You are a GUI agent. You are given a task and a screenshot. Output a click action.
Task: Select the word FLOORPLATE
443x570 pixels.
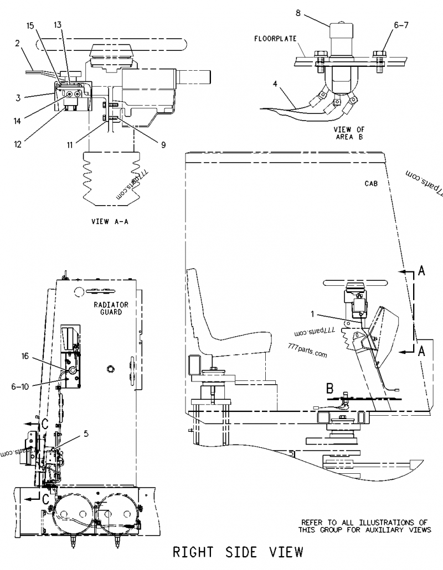click(276, 39)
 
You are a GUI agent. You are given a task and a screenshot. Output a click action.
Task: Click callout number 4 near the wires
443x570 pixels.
click(275, 84)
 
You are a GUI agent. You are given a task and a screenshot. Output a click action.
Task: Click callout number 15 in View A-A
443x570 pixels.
click(30, 26)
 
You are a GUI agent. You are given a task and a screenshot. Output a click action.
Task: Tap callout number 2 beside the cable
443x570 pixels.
click(18, 43)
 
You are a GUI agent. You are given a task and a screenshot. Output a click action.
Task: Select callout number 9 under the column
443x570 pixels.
click(163, 145)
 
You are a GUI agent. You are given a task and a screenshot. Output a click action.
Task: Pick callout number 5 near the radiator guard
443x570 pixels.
click(86, 433)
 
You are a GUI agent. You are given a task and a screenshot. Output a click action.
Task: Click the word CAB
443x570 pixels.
click(371, 183)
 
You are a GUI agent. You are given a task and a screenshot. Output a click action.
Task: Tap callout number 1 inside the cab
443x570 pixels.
click(313, 314)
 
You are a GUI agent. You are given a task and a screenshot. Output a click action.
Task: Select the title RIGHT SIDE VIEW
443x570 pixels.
click(238, 552)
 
